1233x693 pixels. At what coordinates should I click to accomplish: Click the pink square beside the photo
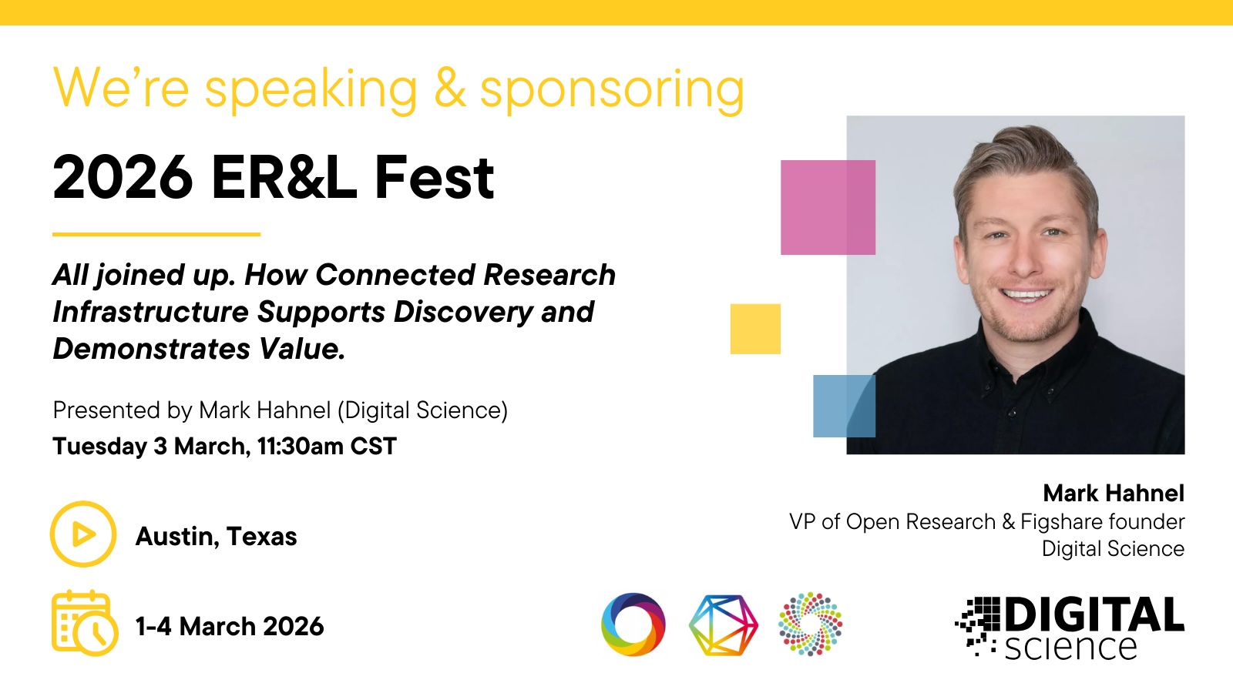[828, 207]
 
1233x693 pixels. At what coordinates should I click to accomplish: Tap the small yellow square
[755, 329]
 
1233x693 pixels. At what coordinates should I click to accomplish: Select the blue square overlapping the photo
[845, 406]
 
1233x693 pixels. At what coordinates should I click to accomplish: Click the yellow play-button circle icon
[83, 534]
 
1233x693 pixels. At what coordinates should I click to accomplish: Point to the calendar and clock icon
[85, 623]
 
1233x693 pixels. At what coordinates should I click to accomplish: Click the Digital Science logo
[1070, 628]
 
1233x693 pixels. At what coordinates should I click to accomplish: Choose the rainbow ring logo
[633, 624]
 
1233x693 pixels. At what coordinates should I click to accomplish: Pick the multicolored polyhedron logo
[724, 624]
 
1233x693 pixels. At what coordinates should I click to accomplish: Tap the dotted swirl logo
[810, 624]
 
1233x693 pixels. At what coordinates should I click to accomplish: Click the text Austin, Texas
[217, 536]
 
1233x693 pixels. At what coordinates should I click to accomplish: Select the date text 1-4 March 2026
[230, 627]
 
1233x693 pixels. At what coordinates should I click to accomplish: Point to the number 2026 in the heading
[123, 177]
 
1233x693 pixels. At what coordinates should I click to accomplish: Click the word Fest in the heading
[434, 177]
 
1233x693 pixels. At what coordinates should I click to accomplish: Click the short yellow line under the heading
[156, 234]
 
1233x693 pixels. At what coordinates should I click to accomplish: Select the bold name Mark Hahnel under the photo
[1114, 494]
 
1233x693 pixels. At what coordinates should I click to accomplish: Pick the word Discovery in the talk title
[463, 313]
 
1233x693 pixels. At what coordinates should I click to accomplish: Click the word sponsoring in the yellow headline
[612, 90]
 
